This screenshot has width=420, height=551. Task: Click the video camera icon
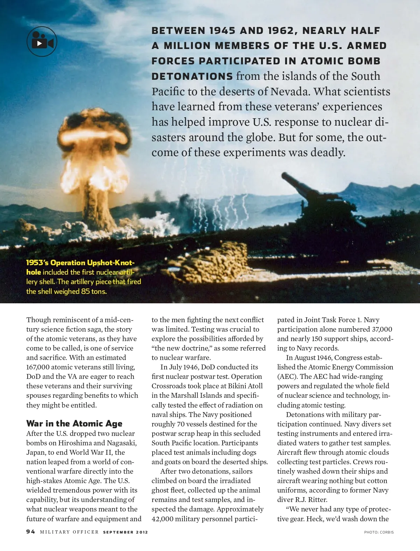[42, 41]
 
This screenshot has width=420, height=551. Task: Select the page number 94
[30, 532]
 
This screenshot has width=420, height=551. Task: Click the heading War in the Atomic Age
[74, 424]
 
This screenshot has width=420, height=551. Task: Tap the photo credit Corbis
[379, 532]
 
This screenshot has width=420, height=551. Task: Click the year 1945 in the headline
[222, 31]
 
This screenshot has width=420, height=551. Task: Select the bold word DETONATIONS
[192, 76]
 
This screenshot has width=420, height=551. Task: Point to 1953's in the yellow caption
[37, 263]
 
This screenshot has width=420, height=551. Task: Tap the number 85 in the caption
[85, 291]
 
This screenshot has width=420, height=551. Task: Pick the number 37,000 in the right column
[382, 329]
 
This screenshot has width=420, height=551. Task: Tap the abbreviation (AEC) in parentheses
[287, 376]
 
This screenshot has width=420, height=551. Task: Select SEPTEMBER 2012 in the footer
[125, 532]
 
